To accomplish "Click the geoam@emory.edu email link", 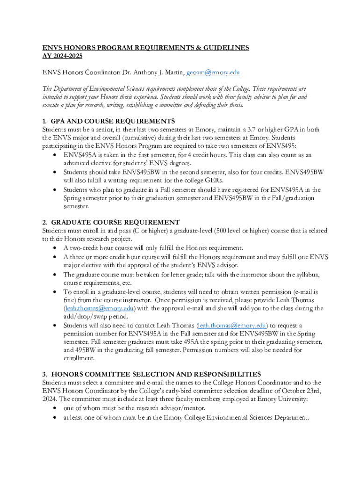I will [x=213, y=73].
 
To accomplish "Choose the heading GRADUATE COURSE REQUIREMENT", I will [x=115, y=222].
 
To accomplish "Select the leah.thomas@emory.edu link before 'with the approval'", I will [x=100, y=308].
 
